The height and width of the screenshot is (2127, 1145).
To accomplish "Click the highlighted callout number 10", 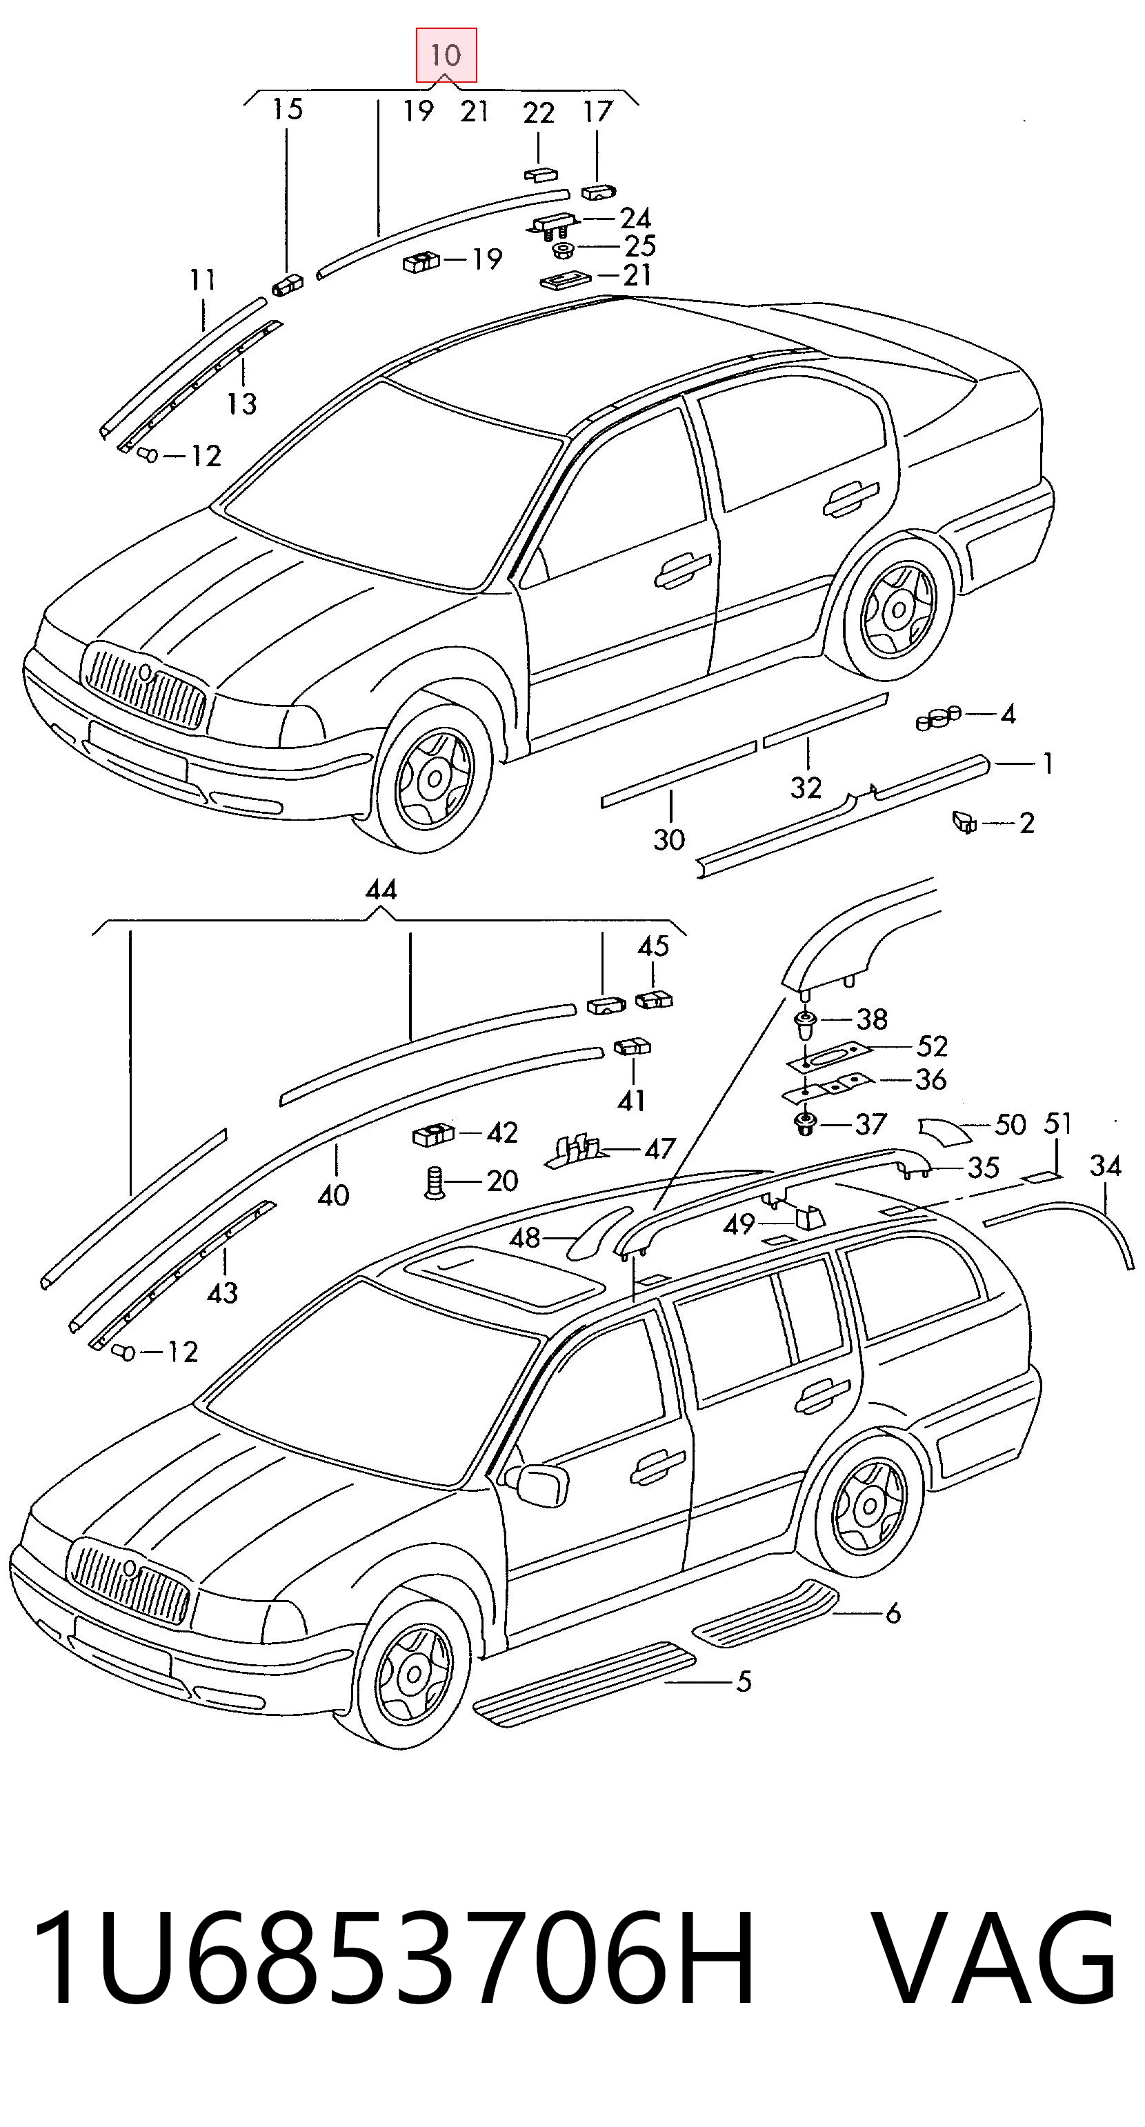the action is coord(445,55).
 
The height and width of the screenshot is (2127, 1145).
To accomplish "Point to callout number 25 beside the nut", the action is coord(640,246).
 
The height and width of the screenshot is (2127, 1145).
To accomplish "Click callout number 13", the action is coord(242,403).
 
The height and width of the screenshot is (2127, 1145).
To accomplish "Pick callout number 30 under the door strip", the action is coord(670,840).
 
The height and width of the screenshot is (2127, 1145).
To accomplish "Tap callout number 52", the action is coord(933,1046).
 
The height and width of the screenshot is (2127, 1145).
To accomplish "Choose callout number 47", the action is coord(659,1148).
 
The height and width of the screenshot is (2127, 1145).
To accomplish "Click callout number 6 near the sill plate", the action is coord(893,1613).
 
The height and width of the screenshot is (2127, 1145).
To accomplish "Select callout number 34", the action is coord(1106,1166).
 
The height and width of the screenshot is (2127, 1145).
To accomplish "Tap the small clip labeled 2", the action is coord(964,821).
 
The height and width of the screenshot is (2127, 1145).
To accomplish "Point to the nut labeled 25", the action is coord(564,248).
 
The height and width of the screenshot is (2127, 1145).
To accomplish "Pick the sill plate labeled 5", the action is coord(583,1682).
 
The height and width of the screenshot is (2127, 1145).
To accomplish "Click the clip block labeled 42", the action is coord(433,1135).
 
